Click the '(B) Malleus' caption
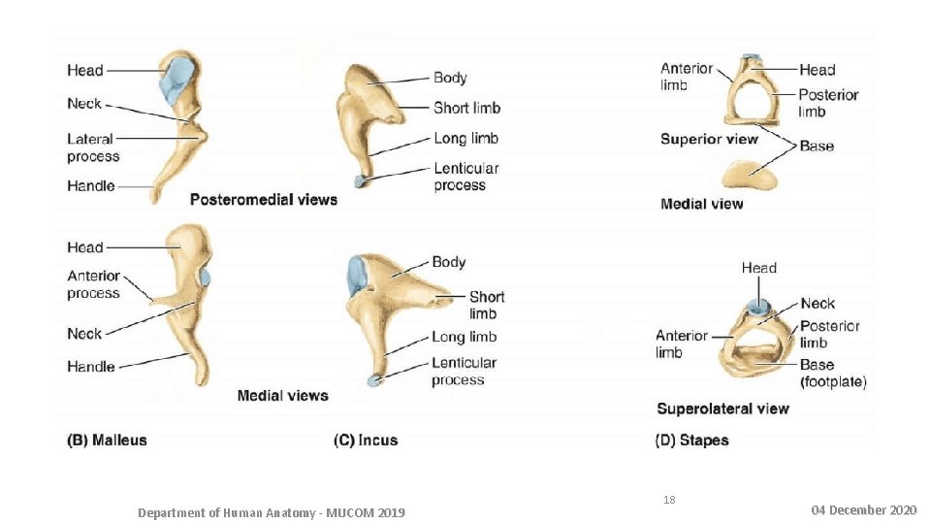point(107,440)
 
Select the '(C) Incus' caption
point(366,440)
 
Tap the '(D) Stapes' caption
point(691,440)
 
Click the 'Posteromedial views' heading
point(264,200)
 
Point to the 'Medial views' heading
point(282,395)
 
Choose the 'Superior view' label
point(709,139)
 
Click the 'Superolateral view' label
point(722,409)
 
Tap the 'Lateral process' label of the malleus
point(93,147)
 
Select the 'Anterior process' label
point(94,284)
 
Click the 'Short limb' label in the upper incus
point(466,108)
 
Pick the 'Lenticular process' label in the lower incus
point(464,372)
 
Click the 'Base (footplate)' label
point(833,374)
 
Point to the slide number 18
point(669,500)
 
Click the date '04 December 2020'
point(863,509)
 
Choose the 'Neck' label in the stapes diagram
point(818,304)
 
